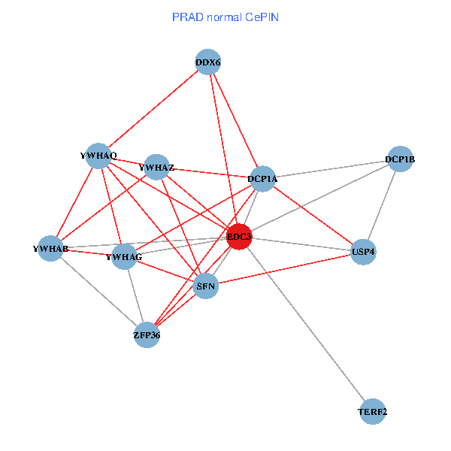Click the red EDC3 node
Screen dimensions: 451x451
coord(239,237)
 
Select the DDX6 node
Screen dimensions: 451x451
coord(207,63)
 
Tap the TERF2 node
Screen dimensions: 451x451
coord(373,411)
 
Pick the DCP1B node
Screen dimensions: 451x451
coord(400,159)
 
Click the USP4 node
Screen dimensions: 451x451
coord(363,252)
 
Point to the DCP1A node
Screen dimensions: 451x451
coord(263,179)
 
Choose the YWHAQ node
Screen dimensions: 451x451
coord(98,156)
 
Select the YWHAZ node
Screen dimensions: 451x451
coord(156,167)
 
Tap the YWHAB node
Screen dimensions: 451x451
coord(50,248)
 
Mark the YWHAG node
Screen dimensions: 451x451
coord(124,257)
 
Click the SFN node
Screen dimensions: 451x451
coord(206,286)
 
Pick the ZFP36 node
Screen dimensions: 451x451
coord(147,334)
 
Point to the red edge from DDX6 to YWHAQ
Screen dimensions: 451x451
coord(153,109)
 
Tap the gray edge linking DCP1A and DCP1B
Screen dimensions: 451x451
coord(331,169)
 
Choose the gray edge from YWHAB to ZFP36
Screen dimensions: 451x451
coord(98,291)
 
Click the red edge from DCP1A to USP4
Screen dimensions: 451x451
coord(313,215)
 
